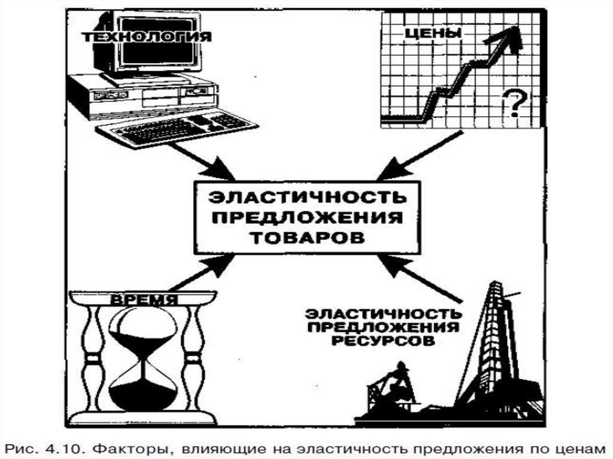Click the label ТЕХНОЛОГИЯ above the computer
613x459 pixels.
coord(146,37)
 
